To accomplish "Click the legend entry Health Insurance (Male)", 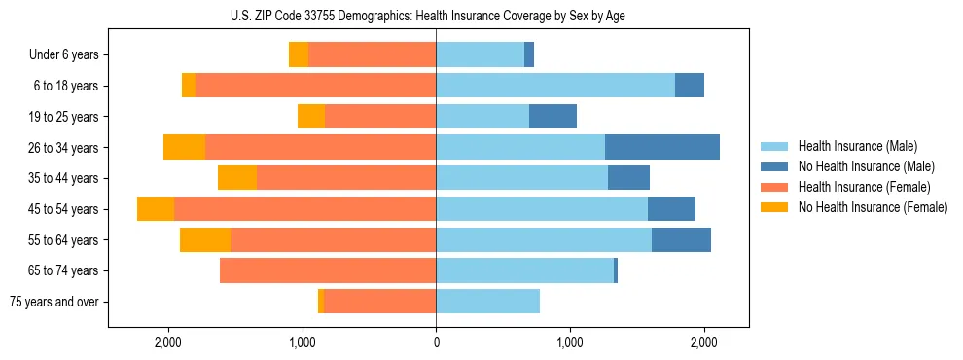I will click(x=857, y=146).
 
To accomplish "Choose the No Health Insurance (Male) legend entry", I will click(x=866, y=166).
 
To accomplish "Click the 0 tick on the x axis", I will click(x=436, y=342).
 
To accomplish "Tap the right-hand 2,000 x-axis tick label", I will click(x=704, y=342).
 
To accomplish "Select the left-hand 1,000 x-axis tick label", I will click(x=303, y=342).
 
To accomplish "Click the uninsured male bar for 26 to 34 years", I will click(x=662, y=147).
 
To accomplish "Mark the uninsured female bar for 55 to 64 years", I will click(x=205, y=239).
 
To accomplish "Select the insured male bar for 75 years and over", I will click(x=487, y=302).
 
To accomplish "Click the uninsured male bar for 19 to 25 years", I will click(x=553, y=117).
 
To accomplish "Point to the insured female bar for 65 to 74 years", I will click(x=328, y=270).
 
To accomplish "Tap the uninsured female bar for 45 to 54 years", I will click(x=156, y=209).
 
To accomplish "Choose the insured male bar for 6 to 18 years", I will click(x=555, y=86).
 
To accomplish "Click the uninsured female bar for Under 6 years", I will click(x=299, y=54).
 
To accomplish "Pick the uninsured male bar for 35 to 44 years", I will click(x=628, y=178).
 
